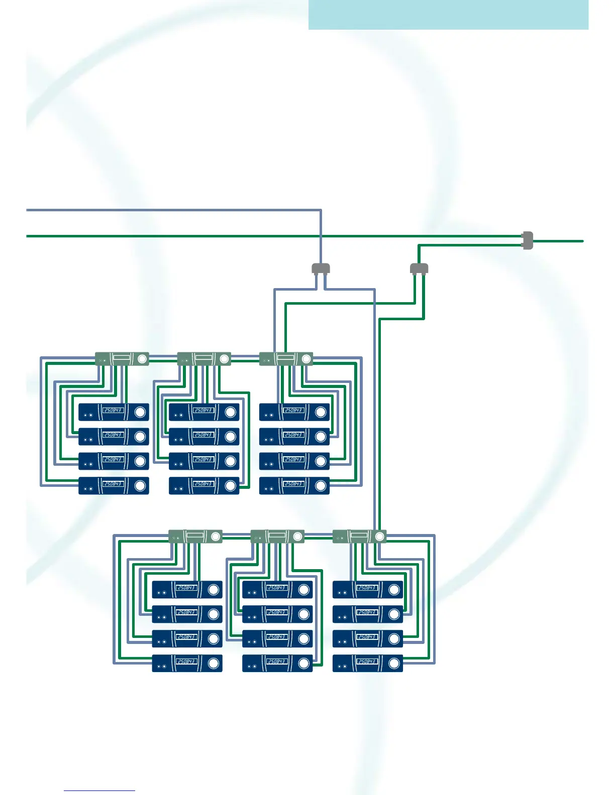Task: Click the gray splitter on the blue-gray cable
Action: point(321,269)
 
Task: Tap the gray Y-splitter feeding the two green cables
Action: point(419,269)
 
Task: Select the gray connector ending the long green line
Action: point(527,240)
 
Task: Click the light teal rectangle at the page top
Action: point(448,15)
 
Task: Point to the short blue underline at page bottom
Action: point(99,790)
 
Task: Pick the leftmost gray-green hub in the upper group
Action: point(122,359)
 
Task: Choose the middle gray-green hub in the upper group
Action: point(204,359)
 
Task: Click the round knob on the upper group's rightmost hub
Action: point(306,359)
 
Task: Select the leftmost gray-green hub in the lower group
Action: point(195,537)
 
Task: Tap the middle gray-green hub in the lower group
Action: point(277,537)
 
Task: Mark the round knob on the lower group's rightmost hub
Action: point(379,537)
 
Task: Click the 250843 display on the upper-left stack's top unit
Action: point(113,410)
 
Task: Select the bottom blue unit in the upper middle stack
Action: point(204,486)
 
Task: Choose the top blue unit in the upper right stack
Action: point(294,412)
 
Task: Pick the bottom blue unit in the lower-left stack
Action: point(187,664)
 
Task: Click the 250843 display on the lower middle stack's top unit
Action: point(276,588)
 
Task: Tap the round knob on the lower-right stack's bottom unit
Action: point(394,664)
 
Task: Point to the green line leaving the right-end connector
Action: point(558,241)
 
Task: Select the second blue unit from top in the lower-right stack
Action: point(368,614)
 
